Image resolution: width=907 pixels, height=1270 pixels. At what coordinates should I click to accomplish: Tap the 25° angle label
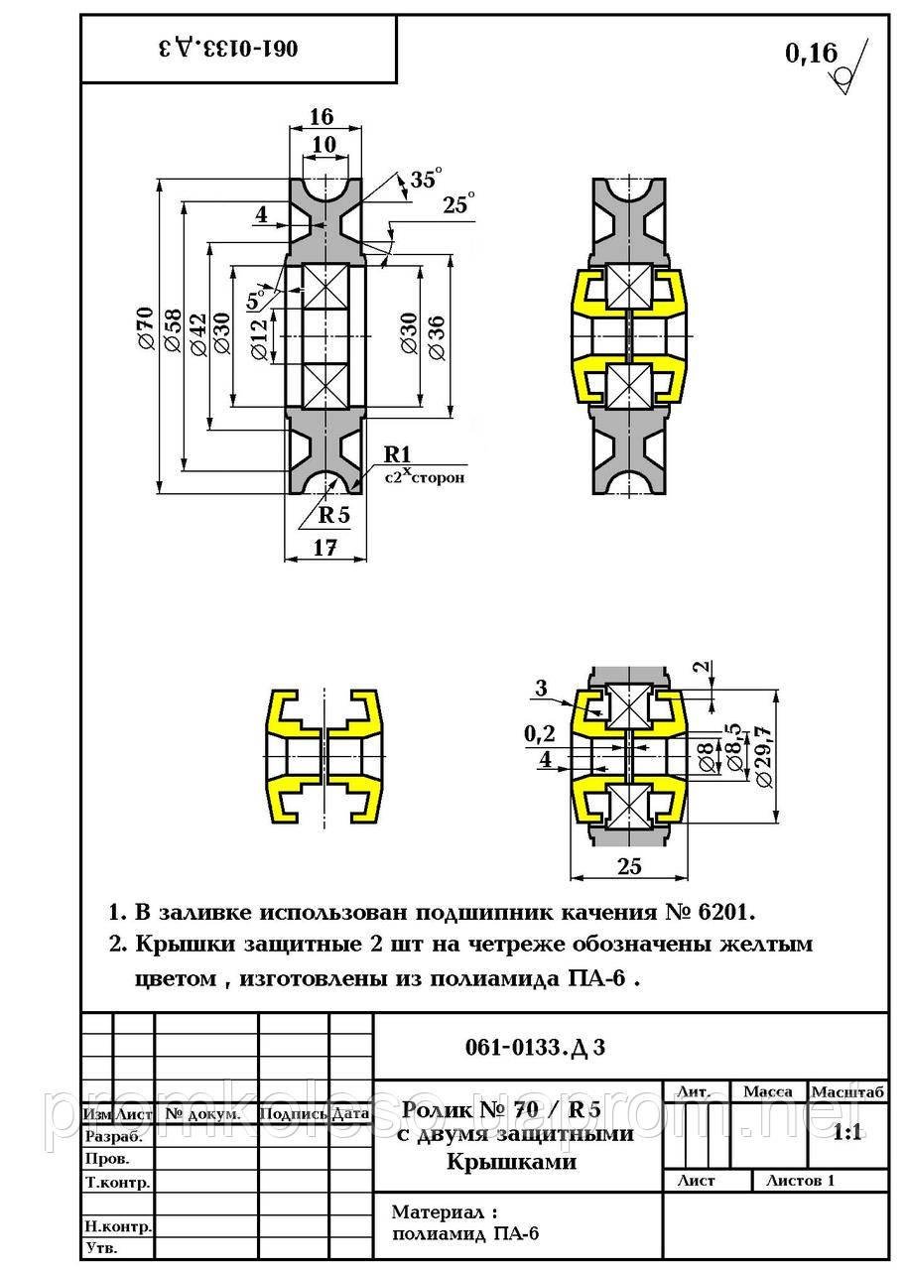(x=457, y=205)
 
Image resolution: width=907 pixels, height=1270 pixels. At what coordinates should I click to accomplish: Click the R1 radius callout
(x=398, y=454)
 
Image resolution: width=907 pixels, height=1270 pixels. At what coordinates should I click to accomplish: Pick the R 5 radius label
(x=334, y=514)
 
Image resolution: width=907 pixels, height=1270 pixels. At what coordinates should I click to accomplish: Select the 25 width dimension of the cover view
(x=629, y=865)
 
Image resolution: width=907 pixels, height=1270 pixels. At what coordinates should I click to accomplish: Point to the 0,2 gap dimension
(x=541, y=733)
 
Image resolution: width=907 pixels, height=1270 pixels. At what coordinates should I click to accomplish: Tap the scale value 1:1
(x=846, y=1133)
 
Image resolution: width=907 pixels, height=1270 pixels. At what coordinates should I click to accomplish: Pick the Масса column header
(x=767, y=1091)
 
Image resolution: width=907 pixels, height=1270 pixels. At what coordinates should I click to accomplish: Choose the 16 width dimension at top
(x=321, y=117)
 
